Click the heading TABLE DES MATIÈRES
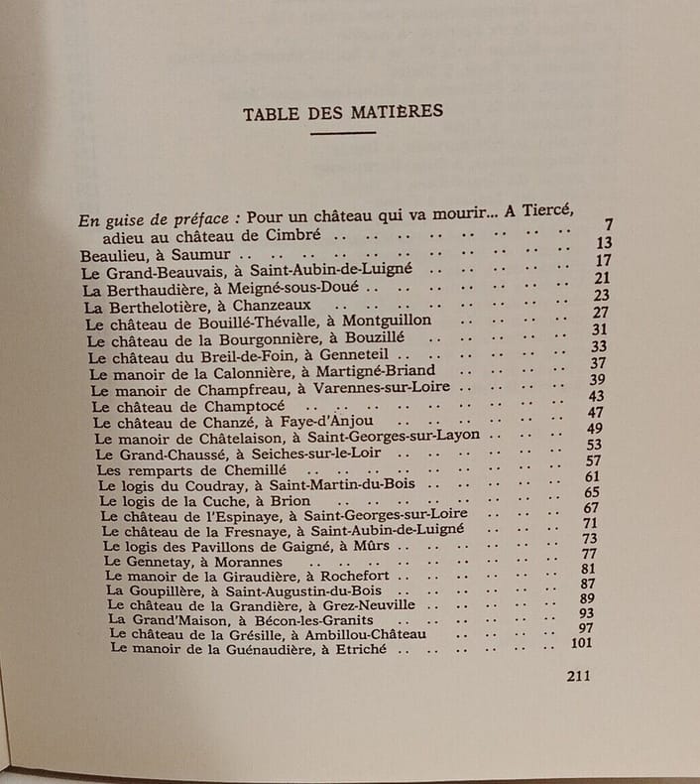pos(342,112)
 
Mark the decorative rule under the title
pos(342,133)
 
